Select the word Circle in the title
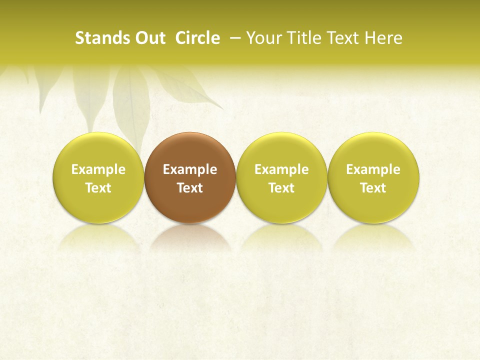(197, 38)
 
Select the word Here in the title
(383, 38)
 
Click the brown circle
(190, 150)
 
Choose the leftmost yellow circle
(98, 150)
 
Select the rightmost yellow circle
(373, 150)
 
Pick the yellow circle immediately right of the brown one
(281, 150)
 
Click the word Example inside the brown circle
(190, 169)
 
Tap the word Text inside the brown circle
(190, 188)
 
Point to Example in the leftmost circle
(98, 169)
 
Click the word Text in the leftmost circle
(98, 188)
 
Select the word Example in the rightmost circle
(373, 169)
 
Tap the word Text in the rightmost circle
(373, 188)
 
